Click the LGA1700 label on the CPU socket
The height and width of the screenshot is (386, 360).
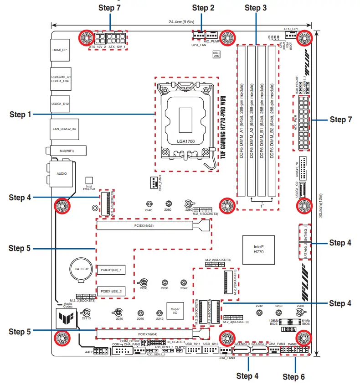click(185, 141)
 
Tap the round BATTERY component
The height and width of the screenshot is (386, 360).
click(82, 270)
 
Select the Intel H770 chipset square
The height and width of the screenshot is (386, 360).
click(259, 250)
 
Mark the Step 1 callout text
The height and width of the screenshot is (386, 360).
click(20, 115)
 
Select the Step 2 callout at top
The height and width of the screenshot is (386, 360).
click(203, 7)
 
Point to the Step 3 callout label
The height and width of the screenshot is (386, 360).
click(256, 7)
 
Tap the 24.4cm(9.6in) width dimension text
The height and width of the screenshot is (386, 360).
click(181, 21)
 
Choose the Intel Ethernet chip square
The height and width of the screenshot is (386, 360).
click(89, 181)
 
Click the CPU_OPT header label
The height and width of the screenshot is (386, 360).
click(291, 28)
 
